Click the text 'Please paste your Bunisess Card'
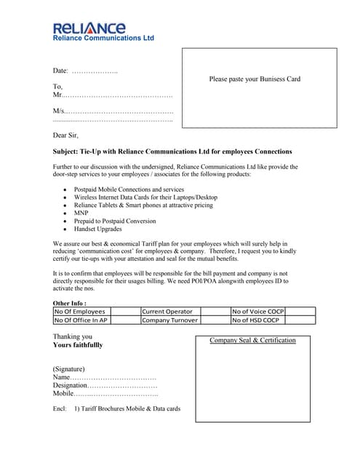(255, 79)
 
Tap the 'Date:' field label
(60, 70)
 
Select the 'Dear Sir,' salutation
(65, 135)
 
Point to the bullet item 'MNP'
(81, 214)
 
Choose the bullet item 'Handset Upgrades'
(98, 229)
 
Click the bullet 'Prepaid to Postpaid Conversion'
(115, 221)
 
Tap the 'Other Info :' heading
(70, 303)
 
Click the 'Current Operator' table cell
(167, 312)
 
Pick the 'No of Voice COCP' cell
(258, 312)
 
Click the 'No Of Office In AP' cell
(81, 320)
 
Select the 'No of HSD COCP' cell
(256, 320)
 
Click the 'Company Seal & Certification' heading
(252, 341)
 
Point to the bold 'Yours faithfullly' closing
(78, 345)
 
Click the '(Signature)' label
(69, 368)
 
